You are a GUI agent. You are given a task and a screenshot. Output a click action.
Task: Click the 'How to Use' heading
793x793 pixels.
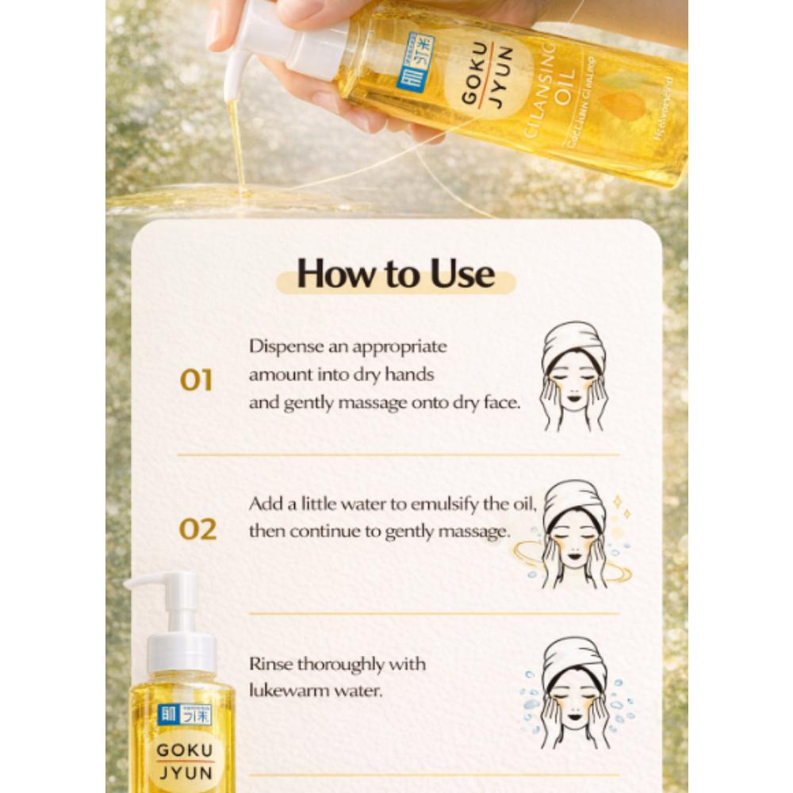pyautogui.click(x=396, y=274)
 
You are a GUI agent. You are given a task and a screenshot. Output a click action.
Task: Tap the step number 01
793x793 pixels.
pyautogui.click(x=196, y=381)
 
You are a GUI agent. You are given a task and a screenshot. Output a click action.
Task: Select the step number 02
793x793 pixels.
pyautogui.click(x=197, y=529)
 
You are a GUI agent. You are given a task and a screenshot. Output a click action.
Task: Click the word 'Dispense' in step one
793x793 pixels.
pyautogui.click(x=282, y=347)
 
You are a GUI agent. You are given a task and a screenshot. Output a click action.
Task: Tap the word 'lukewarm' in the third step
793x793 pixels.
pyautogui.click(x=286, y=691)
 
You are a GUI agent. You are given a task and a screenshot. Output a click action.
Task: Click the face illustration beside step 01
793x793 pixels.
pyautogui.click(x=573, y=376)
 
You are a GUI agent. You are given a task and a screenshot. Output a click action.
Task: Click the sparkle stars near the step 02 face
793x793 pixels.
pyautogui.click(x=619, y=508)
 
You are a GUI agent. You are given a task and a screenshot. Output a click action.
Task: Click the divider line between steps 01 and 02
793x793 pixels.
pyautogui.click(x=397, y=455)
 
